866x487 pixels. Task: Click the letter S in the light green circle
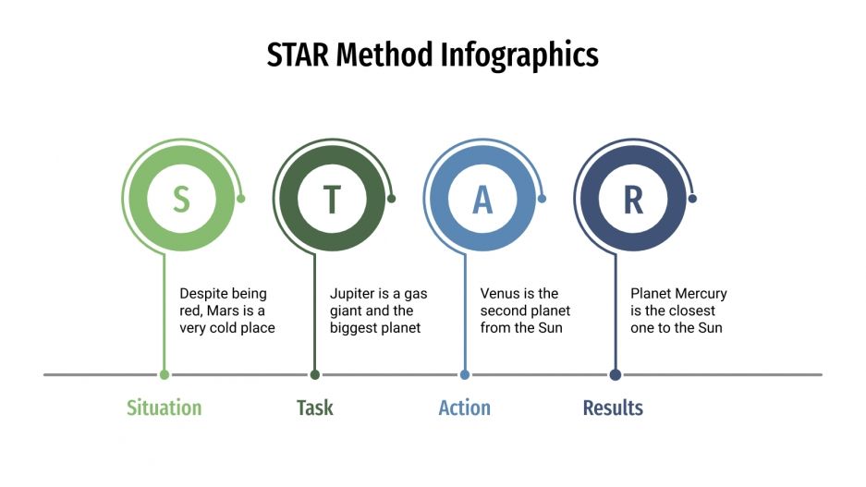181,200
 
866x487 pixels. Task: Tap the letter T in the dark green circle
332,200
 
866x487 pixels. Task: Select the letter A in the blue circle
482,200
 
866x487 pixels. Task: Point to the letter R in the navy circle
633,200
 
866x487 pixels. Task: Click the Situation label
164,408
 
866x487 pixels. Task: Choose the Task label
314,408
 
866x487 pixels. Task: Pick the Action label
464,408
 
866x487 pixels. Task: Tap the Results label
613,408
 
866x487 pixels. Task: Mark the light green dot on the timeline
165,374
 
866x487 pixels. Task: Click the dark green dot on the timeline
315,374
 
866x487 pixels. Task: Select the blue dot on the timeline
465,374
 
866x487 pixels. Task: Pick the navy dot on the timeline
616,374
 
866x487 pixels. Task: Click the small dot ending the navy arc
692,198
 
